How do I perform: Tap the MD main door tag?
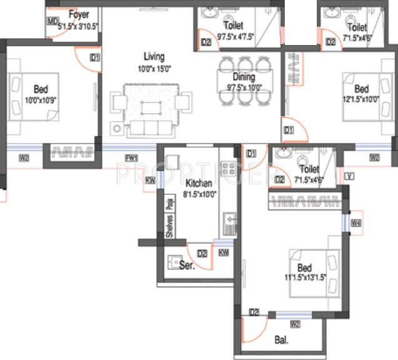(x=52, y=22)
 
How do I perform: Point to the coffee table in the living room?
(x=151, y=107)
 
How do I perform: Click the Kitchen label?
(x=199, y=183)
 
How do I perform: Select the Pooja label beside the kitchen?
(x=169, y=204)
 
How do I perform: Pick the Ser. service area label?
(x=186, y=265)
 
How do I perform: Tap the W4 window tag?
(x=356, y=223)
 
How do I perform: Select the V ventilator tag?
(x=348, y=176)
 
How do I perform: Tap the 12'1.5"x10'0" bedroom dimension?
(x=361, y=98)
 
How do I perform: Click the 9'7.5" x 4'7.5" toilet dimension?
(x=236, y=36)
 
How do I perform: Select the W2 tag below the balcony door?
(x=295, y=324)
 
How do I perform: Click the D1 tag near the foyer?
(x=95, y=57)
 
